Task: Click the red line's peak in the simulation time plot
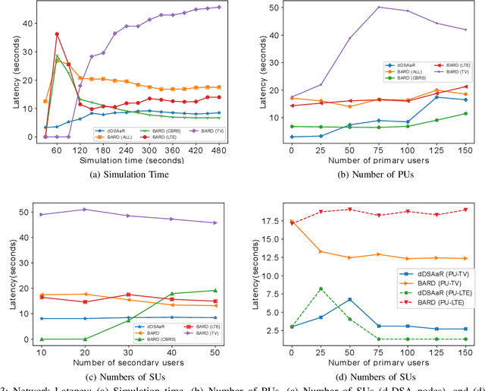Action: tap(57, 34)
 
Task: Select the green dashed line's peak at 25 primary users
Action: tap(321, 289)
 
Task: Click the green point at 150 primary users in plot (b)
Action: tap(465, 113)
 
